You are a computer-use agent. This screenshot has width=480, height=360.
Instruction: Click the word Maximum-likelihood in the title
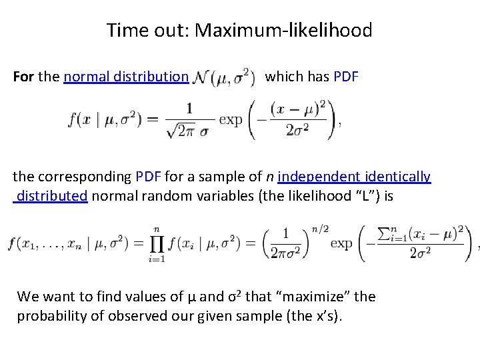[x=283, y=31]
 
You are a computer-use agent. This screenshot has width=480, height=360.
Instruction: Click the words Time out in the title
[x=147, y=31]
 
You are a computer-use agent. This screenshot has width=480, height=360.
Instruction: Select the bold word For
[x=24, y=77]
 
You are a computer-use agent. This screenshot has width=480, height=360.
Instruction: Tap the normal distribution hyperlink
[x=126, y=77]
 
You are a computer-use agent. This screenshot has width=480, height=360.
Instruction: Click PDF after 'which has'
[x=346, y=77]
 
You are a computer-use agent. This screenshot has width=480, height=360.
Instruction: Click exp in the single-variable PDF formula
[x=231, y=120]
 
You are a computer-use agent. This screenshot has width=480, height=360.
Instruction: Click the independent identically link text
[x=354, y=177]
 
